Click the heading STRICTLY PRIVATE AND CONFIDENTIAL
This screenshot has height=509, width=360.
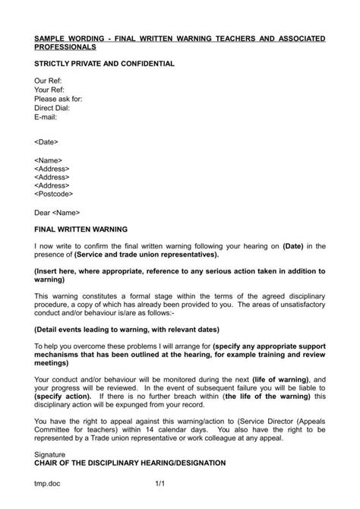(105, 63)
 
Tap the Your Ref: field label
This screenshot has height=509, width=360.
(49, 90)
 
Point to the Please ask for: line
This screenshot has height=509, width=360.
(58, 99)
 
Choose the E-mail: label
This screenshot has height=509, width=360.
(46, 117)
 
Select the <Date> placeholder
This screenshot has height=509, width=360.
(46, 142)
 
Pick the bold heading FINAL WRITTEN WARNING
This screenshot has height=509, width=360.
(81, 229)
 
